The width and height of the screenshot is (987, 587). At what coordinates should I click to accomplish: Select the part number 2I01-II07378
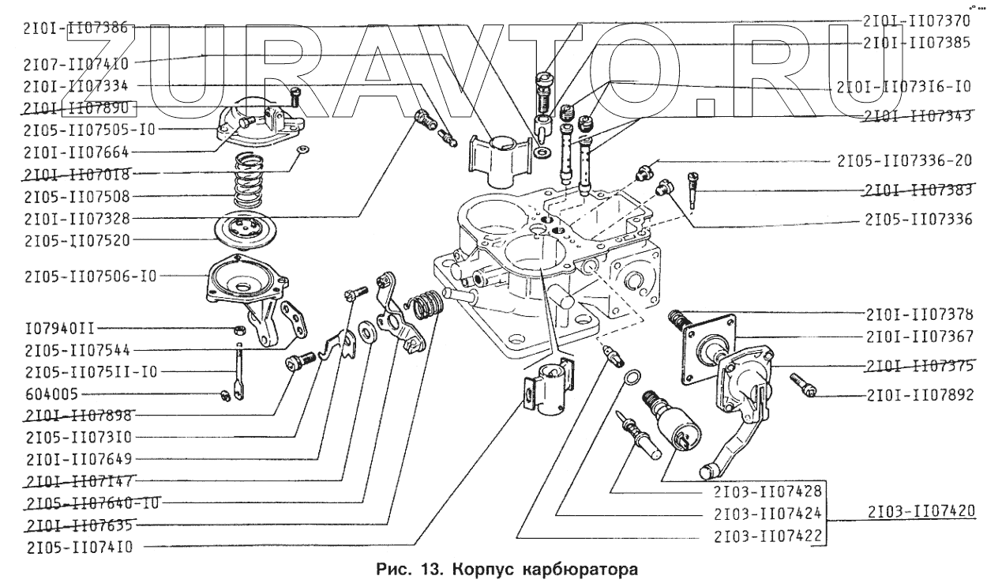click(918, 314)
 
